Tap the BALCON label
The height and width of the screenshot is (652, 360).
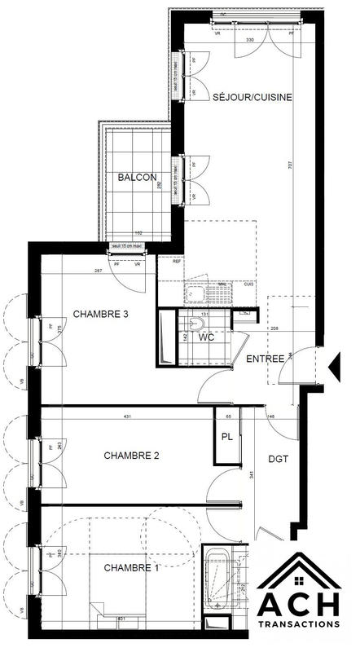136,177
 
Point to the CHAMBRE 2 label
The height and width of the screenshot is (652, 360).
131,456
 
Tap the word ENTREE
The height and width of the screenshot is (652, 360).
266,359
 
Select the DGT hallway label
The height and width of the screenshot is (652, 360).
279,460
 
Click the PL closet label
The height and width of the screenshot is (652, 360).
226,438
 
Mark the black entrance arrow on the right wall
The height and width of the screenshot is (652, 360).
333,368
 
